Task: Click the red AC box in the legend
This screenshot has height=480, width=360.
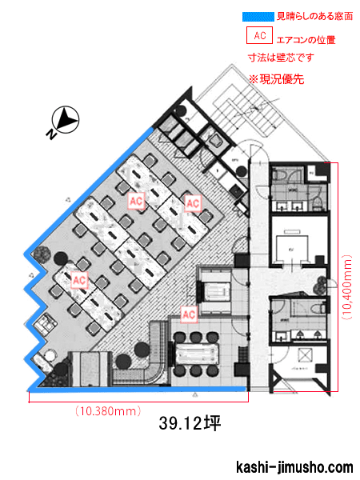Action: [x=258, y=36]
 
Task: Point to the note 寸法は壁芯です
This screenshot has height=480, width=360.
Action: [x=281, y=57]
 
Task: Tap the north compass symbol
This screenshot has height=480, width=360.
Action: [x=64, y=122]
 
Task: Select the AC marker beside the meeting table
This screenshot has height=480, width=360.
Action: [x=190, y=314]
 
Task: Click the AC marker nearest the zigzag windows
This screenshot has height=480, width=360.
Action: [x=78, y=280]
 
